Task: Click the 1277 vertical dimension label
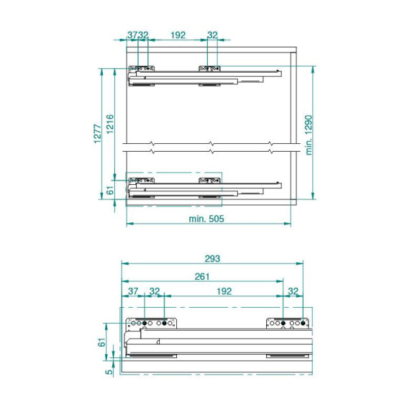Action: (x=98, y=134)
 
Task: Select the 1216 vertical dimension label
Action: (x=110, y=124)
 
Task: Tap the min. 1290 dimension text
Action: (x=309, y=135)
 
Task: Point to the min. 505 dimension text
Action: (x=206, y=219)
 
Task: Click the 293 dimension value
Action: (x=212, y=259)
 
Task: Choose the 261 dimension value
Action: (x=202, y=276)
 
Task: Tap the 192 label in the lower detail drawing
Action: (x=224, y=291)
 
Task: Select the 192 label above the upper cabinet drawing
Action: (x=178, y=35)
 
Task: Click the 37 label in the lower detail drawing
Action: (x=133, y=291)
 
